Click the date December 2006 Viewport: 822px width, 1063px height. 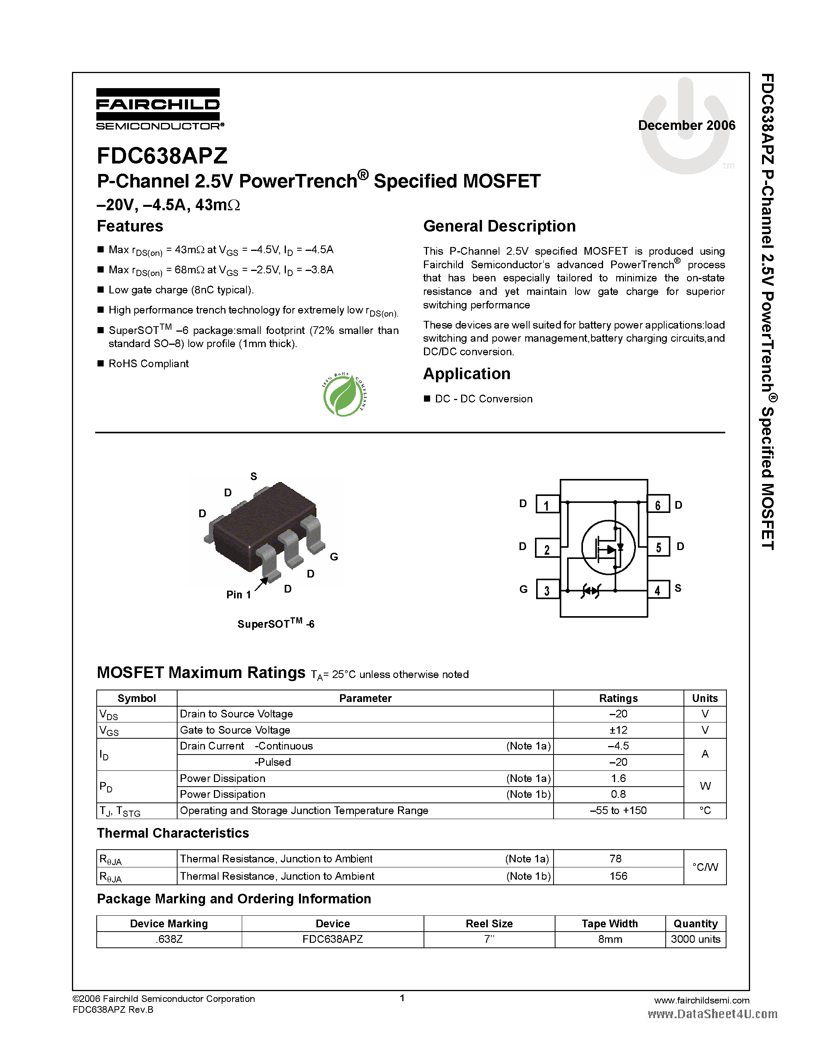(686, 126)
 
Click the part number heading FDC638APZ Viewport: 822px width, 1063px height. (162, 156)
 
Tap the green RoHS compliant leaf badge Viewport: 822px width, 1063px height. (344, 395)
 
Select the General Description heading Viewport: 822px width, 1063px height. (499, 227)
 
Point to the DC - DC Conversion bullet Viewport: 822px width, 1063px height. (483, 399)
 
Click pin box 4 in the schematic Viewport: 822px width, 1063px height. (658, 590)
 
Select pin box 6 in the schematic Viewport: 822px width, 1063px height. (658, 505)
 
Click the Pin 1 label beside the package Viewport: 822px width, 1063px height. (238, 595)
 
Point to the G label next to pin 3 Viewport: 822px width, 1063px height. (523, 589)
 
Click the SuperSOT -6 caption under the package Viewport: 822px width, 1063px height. (276, 624)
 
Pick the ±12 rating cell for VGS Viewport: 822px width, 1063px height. (618, 730)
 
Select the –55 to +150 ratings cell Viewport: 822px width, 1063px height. (618, 810)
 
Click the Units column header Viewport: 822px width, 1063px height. (705, 698)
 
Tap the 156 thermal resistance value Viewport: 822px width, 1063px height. (618, 876)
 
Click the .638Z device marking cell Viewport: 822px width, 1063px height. (169, 939)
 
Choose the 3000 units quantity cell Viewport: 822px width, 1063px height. (696, 939)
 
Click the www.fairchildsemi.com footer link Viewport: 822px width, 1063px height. (701, 1000)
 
